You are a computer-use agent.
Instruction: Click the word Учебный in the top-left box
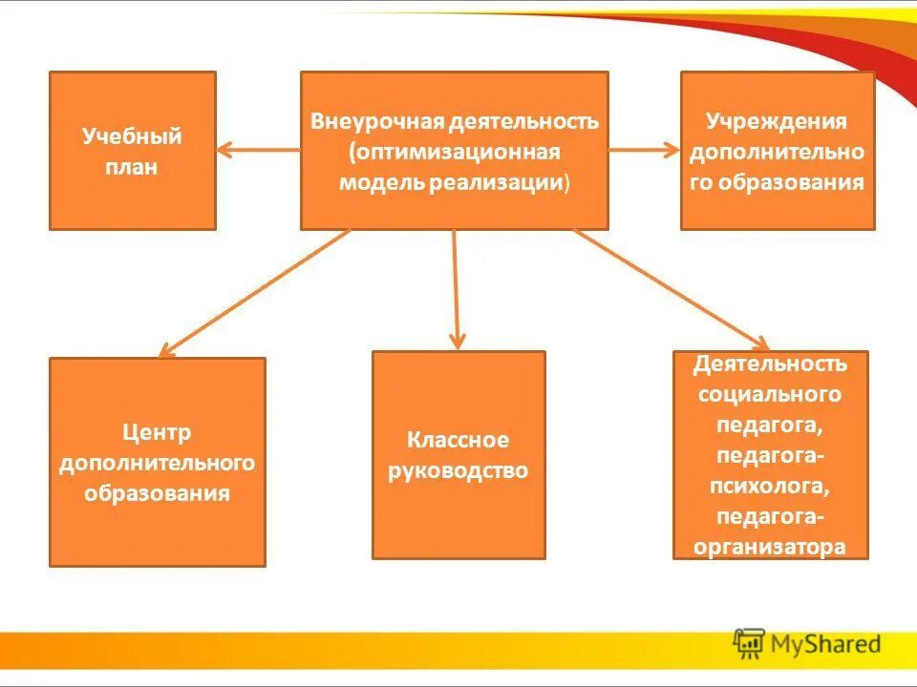point(132,136)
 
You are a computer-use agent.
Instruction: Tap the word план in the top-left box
point(132,168)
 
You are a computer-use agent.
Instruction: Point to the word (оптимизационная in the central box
point(454,153)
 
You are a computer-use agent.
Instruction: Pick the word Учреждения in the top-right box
point(777,121)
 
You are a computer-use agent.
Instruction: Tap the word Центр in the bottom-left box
point(157,432)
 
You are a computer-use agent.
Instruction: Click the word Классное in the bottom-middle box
point(458,440)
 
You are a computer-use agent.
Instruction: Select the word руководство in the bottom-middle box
point(458,470)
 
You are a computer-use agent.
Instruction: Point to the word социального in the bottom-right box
point(770,394)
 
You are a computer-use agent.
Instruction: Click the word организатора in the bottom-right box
point(770,547)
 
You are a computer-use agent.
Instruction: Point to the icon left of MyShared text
point(749,644)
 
